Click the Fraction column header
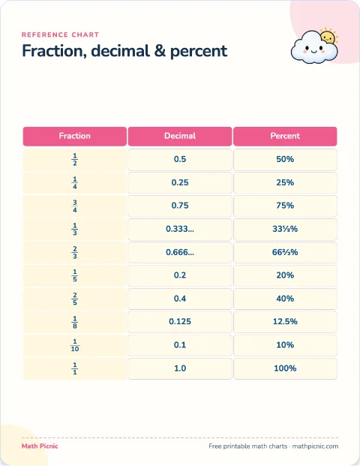click(75, 136)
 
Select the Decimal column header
click(180, 136)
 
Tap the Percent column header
click(285, 136)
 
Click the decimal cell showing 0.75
click(180, 206)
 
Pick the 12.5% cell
click(285, 322)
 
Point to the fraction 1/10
click(75, 345)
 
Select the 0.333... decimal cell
click(180, 229)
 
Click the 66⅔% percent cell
click(285, 252)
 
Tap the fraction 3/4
click(75, 206)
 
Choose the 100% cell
click(285, 368)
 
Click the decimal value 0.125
click(180, 322)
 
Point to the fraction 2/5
click(75, 299)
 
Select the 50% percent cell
click(285, 159)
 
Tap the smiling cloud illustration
click(313, 48)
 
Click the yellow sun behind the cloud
click(329, 36)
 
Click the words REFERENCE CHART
click(60, 35)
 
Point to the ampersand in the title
click(160, 51)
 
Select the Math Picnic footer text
click(40, 446)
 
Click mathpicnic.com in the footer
click(315, 446)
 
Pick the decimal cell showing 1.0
click(180, 368)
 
